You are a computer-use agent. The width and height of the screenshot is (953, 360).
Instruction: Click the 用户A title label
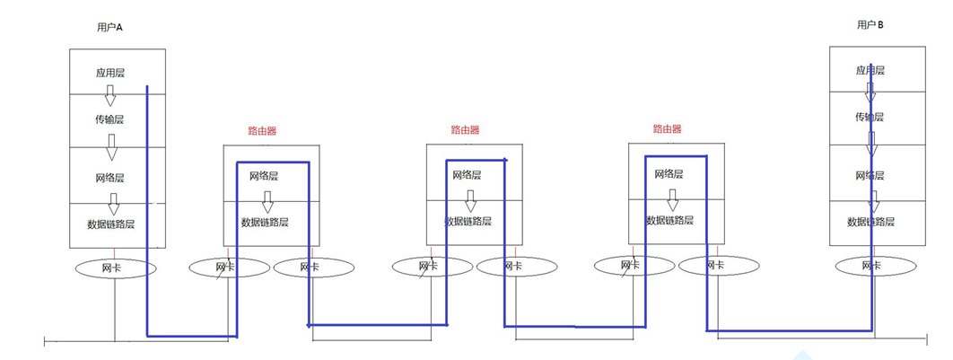pos(109,28)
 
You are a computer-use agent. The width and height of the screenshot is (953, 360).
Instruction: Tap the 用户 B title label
pos(870,25)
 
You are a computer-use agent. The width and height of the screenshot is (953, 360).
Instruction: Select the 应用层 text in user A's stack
pos(110,72)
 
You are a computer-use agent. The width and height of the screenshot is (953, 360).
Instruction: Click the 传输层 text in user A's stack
pos(111,119)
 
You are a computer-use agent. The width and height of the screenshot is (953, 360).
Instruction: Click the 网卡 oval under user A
pos(115,268)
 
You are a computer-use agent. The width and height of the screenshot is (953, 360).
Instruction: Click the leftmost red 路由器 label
pos(262,130)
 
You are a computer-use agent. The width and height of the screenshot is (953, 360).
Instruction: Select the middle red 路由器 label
pos(465,130)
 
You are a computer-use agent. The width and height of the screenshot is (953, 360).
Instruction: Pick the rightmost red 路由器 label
pos(667,129)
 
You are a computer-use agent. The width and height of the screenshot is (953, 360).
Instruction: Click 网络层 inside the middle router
pos(467,175)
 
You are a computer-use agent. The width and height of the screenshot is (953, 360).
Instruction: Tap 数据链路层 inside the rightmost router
pos(669,219)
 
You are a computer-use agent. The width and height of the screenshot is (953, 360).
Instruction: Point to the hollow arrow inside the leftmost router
pos(267,201)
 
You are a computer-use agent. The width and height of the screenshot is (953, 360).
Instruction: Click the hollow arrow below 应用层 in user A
pos(110,94)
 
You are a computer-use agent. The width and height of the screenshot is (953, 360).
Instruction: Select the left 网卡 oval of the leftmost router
pos(228,267)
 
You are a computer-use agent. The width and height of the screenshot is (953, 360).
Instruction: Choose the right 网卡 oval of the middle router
pos(515,267)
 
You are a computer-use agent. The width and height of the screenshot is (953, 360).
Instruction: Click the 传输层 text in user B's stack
pos(869,117)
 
